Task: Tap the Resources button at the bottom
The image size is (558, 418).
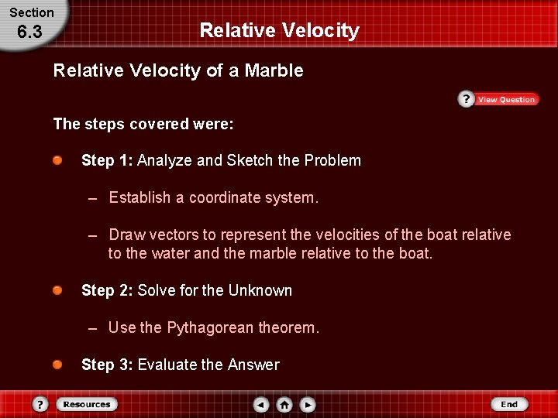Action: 86,404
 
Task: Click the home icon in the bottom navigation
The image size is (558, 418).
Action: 284,404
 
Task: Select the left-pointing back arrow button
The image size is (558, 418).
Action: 261,404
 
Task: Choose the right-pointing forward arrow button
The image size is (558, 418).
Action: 308,404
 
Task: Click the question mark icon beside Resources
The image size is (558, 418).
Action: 40,404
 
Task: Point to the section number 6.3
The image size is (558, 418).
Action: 29,33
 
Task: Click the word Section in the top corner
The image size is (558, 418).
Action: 32,12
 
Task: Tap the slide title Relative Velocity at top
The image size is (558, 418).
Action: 279,30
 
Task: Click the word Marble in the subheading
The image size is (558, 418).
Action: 274,71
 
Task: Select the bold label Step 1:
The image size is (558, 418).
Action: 107,160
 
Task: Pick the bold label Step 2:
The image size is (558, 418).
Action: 107,290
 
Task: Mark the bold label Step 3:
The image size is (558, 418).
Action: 107,365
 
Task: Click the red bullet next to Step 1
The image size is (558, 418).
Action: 58,160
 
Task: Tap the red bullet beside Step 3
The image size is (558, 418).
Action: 58,365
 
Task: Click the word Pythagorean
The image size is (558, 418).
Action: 210,327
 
